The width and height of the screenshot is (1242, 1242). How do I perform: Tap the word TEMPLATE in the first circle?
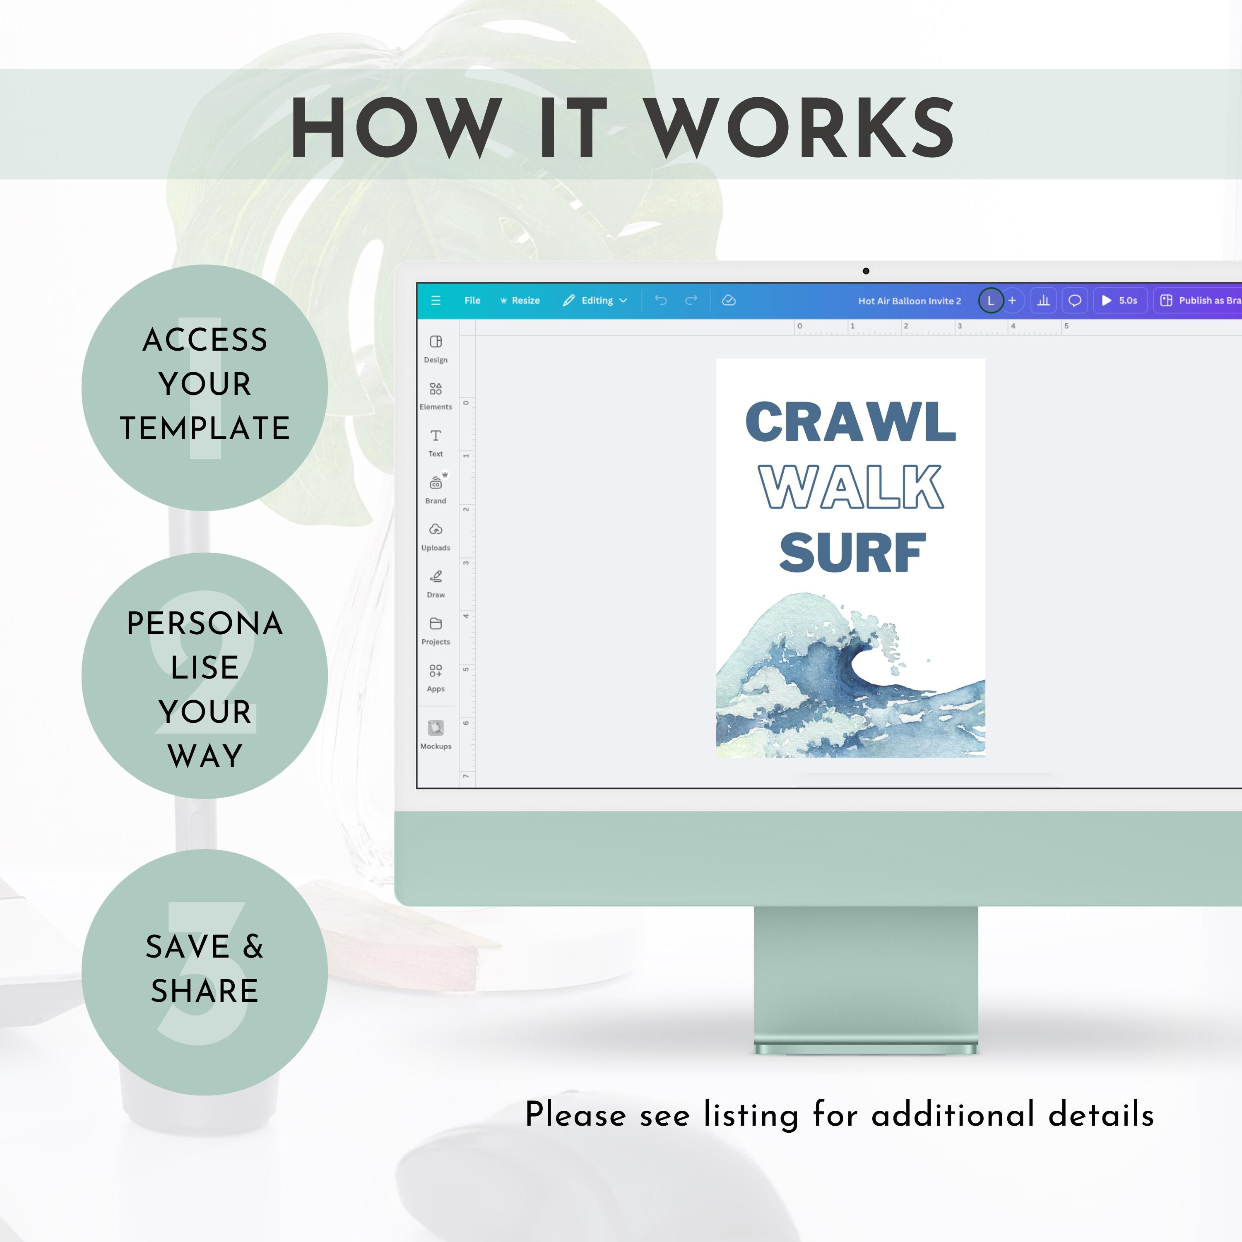pyautogui.click(x=205, y=428)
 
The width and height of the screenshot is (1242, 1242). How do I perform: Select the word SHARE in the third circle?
pyautogui.click(x=205, y=991)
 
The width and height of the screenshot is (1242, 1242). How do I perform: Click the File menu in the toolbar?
pyautogui.click(x=472, y=300)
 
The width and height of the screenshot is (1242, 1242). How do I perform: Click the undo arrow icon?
pyautogui.click(x=661, y=300)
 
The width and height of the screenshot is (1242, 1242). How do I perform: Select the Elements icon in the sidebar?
pyautogui.click(x=436, y=389)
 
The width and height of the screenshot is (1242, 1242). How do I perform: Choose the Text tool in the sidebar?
pyautogui.click(x=436, y=436)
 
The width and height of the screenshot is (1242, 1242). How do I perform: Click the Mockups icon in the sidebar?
pyautogui.click(x=436, y=728)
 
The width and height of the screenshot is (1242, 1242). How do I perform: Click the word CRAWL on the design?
pyautogui.click(x=850, y=422)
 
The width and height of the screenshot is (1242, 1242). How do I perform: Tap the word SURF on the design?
pyautogui.click(x=852, y=552)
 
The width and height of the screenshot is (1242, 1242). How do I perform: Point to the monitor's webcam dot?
pyautogui.click(x=866, y=271)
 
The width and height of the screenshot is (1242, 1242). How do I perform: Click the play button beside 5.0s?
pyautogui.click(x=1106, y=300)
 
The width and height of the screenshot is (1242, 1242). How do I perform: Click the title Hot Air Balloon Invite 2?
pyautogui.click(x=910, y=301)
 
